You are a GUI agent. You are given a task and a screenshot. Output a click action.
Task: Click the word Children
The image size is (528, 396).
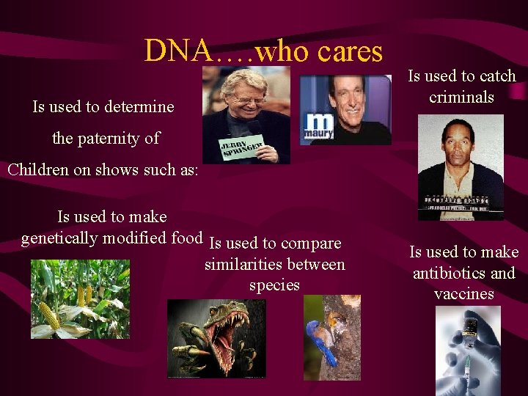(38, 169)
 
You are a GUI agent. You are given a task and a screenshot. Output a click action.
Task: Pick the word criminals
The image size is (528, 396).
(461, 97)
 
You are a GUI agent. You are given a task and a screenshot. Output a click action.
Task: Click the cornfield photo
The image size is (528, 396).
(80, 299)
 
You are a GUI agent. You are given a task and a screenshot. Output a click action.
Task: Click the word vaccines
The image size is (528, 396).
(463, 294)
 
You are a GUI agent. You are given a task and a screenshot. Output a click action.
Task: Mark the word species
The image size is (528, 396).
(274, 285)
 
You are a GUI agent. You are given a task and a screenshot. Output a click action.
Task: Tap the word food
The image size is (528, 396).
(186, 238)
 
